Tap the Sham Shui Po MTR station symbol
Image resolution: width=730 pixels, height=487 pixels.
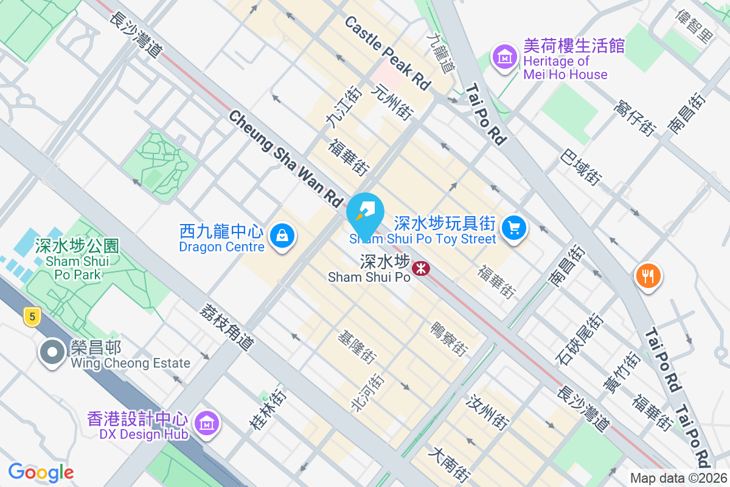[420, 267]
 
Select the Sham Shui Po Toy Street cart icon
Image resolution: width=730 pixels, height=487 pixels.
[515, 228]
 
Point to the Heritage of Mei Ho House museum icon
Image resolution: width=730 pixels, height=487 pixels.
[504, 58]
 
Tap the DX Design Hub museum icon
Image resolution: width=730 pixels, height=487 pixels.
[207, 422]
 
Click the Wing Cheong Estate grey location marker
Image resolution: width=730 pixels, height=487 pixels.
[53, 352]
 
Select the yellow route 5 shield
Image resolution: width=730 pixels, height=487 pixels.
[32, 315]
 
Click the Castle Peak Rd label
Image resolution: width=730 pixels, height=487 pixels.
[388, 53]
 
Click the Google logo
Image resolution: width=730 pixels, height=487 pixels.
[41, 472]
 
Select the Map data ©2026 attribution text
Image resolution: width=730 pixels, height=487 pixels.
[678, 478]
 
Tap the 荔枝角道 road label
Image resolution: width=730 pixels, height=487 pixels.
[226, 326]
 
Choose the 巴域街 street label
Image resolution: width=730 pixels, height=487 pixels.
[582, 166]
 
